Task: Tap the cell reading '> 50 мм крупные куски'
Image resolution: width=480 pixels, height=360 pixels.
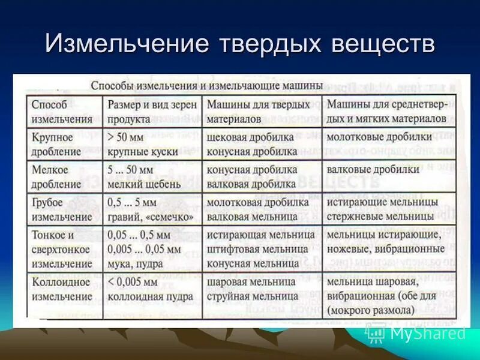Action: (144, 144)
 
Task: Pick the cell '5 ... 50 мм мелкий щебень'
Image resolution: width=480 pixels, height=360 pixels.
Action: (146, 177)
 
